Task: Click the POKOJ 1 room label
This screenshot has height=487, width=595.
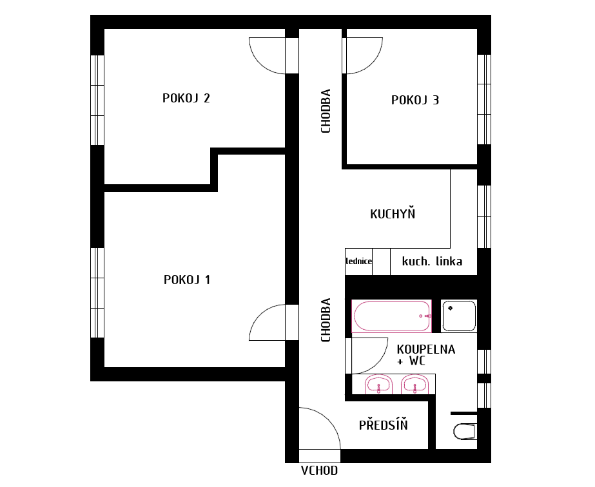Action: [187, 280]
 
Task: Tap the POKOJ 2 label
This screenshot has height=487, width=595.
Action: [186, 98]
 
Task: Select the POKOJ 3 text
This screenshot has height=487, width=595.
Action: [415, 100]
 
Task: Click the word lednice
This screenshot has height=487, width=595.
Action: [359, 262]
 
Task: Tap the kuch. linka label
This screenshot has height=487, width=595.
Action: [432, 261]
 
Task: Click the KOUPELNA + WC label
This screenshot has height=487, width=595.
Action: [425, 355]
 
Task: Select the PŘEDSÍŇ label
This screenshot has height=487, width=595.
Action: [384, 424]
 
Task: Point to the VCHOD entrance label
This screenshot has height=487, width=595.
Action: [319, 471]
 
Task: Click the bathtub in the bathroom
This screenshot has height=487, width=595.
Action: [391, 316]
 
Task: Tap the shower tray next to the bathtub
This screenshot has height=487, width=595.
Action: [459, 316]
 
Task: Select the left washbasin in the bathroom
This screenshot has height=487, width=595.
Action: [378, 384]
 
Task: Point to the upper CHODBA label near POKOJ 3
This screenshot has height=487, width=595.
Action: [326, 111]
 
